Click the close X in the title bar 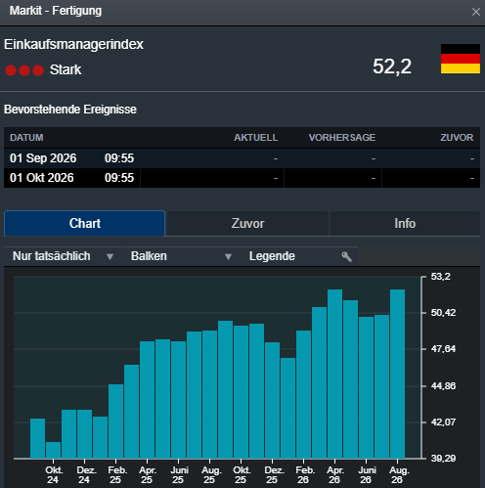(475, 12)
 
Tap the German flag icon (461, 59)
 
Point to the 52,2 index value (392, 67)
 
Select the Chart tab (85, 224)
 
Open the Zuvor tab (247, 224)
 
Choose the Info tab (405, 224)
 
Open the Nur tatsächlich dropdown (63, 256)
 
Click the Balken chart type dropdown (181, 256)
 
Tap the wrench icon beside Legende (346, 257)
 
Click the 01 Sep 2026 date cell (43, 158)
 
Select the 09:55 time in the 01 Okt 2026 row (119, 178)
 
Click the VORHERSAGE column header (342, 138)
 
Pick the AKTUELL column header (256, 138)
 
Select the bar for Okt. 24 (53, 450)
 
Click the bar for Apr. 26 (334, 374)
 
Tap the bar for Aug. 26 (397, 374)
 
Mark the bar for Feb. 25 (115, 421)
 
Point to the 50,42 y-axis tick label (443, 313)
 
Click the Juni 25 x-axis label (179, 475)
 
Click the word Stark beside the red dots (66, 69)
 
